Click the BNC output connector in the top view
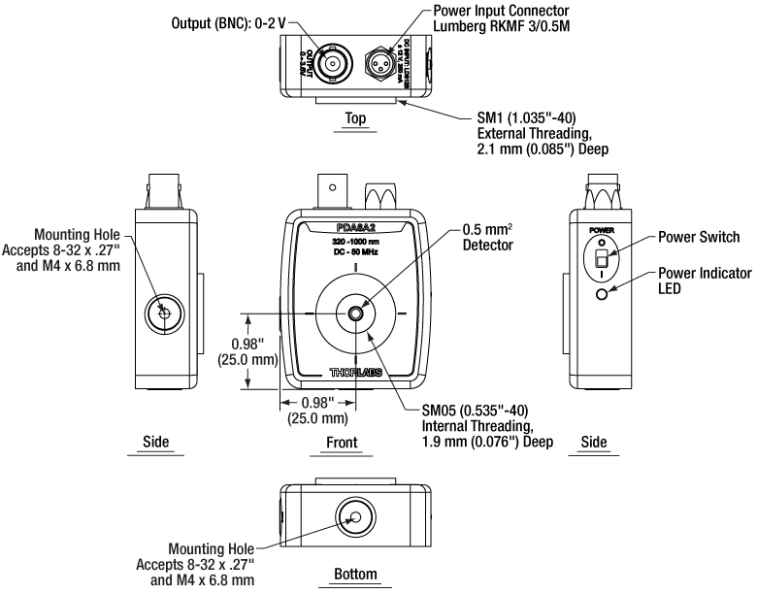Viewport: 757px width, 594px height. coord(335,64)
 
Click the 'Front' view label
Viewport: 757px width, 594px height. coord(356,442)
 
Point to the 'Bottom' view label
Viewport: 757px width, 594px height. coord(355,574)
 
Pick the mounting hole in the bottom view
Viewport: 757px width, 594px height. coord(356,519)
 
